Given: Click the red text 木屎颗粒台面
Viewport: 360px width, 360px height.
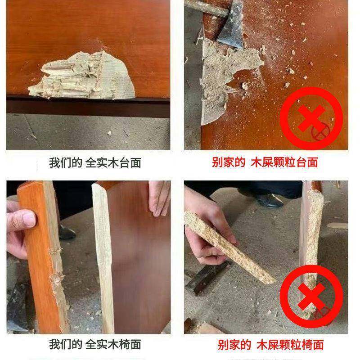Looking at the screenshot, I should (x=284, y=162).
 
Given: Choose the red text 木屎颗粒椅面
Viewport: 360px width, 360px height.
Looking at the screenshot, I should (x=290, y=345).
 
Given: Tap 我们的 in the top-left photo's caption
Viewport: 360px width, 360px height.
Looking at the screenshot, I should (x=65, y=162).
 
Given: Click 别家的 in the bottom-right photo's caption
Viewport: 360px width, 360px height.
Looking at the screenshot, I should (x=234, y=345).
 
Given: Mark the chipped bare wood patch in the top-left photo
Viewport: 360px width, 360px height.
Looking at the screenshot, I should (x=85, y=76).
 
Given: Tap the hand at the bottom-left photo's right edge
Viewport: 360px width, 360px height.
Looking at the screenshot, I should (x=160, y=200).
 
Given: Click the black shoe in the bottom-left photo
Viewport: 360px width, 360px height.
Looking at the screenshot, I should (x=67, y=232).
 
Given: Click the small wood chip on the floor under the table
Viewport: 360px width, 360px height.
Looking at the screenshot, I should (x=108, y=133).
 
